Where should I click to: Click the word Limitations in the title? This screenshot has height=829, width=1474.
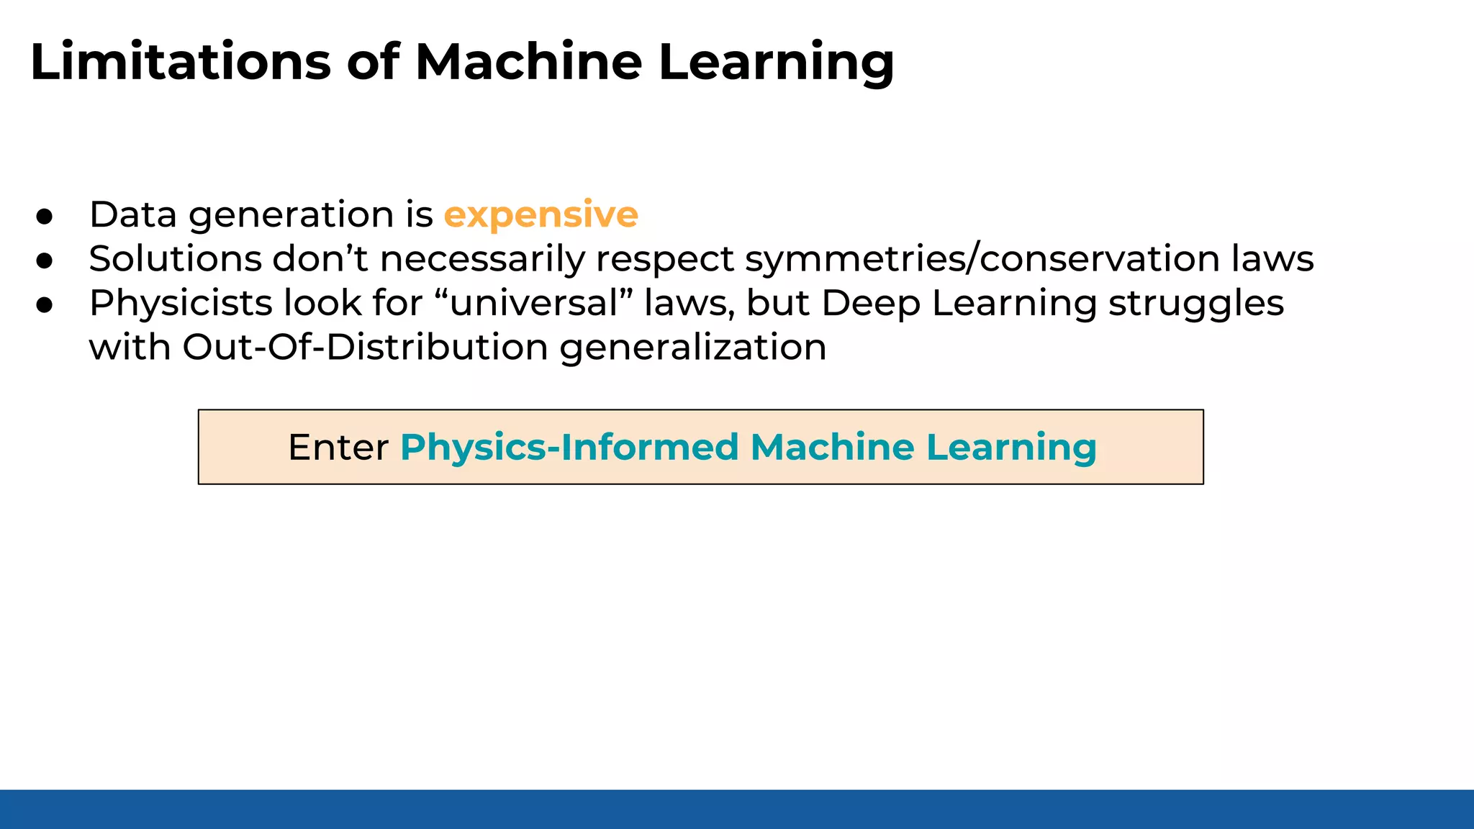pyautogui.click(x=180, y=62)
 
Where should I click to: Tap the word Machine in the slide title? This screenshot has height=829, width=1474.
pyautogui.click(x=528, y=62)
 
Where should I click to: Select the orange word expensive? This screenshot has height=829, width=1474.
pyautogui.click(x=541, y=214)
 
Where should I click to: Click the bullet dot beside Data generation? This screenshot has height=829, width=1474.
pyautogui.click(x=45, y=217)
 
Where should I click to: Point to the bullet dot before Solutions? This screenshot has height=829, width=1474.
pyautogui.click(x=45, y=261)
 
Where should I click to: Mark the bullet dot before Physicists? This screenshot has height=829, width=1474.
pyautogui.click(x=45, y=305)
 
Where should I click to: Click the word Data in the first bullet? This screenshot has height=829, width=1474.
pyautogui.click(x=133, y=214)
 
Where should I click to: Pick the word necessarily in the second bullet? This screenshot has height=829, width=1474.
pyautogui.click(x=482, y=259)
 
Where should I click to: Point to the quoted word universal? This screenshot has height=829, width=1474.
pyautogui.click(x=533, y=303)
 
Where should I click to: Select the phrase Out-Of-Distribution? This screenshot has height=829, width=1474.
pyautogui.click(x=365, y=347)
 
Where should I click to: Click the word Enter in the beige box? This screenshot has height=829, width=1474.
pyautogui.click(x=338, y=447)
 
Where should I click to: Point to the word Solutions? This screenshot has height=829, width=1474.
pyautogui.click(x=175, y=259)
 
